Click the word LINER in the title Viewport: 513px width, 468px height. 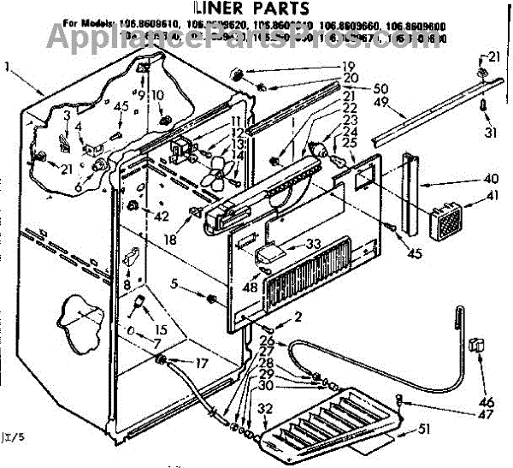[x=221, y=11]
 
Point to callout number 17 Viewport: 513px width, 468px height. [x=201, y=363]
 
